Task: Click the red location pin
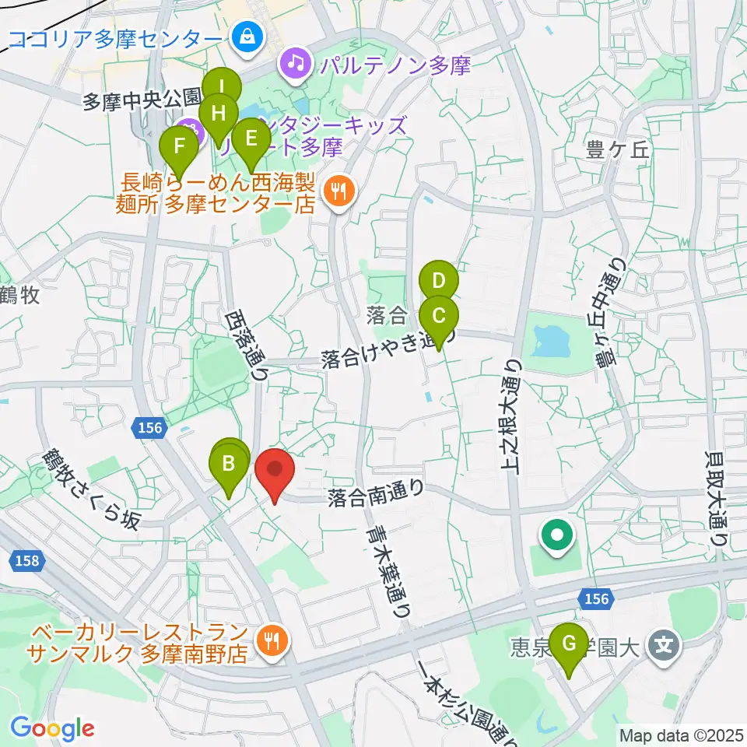(275, 471)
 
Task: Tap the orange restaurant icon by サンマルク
(272, 639)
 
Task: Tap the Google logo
(52, 728)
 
